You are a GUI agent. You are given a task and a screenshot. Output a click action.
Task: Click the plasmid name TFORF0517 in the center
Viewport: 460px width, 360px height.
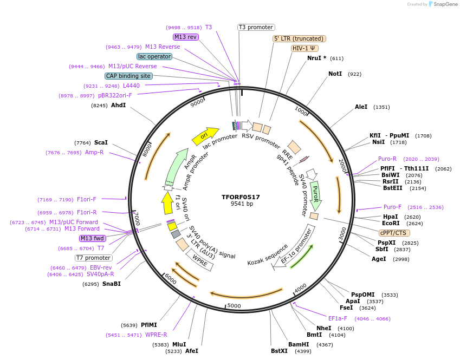tap(241, 197)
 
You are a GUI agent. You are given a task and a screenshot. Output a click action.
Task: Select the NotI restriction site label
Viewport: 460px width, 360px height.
tap(335, 74)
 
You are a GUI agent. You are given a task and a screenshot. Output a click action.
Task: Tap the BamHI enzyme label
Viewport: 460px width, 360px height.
tap(299, 344)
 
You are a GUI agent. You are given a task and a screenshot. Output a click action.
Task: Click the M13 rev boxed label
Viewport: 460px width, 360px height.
tap(185, 37)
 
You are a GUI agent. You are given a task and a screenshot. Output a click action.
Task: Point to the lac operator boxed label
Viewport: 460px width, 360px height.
tap(154, 56)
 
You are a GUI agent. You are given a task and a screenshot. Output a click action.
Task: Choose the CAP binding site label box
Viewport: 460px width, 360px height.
tap(128, 76)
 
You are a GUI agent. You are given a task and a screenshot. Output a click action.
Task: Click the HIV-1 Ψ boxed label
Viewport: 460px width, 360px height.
tap(304, 48)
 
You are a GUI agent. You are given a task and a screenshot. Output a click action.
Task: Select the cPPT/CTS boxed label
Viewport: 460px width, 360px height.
tap(394, 233)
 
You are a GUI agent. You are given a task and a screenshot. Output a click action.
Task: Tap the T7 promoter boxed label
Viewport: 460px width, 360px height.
tap(94, 258)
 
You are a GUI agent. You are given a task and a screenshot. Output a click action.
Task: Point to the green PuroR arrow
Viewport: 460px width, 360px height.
tap(315, 195)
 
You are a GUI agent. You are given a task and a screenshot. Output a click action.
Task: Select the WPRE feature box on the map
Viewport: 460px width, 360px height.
tap(200, 264)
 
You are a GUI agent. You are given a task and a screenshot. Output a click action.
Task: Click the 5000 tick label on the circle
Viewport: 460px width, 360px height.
tap(234, 306)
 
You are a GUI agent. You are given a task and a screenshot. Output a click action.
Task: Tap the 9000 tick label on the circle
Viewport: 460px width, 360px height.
tap(197, 101)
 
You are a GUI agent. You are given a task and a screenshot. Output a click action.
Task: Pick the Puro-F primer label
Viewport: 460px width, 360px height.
tap(392, 207)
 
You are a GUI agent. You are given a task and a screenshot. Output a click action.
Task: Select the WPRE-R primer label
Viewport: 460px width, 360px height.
tap(156, 335)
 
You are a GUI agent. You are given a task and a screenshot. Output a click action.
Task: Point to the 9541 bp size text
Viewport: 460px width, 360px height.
tap(242, 204)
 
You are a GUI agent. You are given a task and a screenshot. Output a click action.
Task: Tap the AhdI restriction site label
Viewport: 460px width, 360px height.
tap(118, 105)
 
